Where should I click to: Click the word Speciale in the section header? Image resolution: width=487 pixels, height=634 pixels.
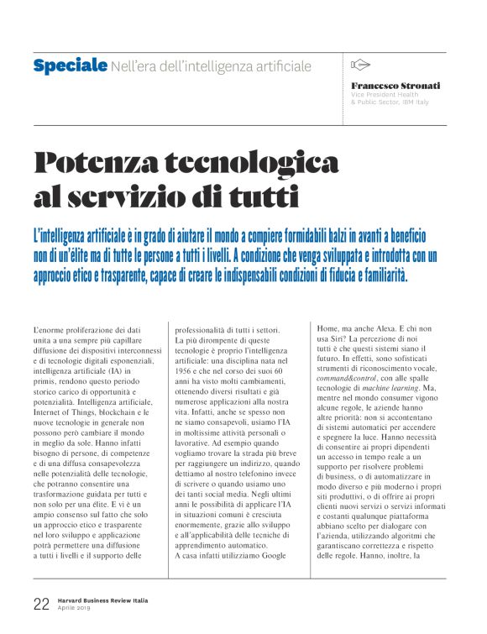(x=70, y=65)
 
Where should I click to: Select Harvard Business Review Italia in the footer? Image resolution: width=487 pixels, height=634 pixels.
(x=107, y=600)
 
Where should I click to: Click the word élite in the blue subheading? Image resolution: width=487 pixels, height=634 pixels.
(x=89, y=255)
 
